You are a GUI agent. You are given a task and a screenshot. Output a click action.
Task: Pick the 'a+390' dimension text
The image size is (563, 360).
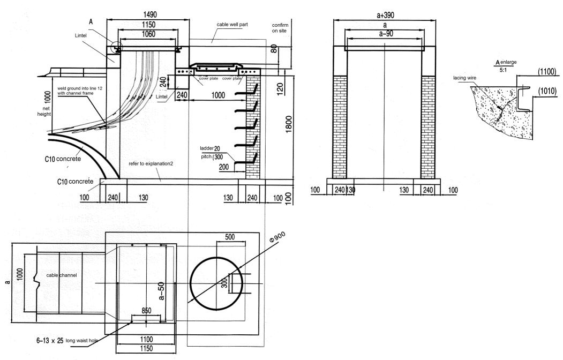pyautogui.click(x=385, y=16)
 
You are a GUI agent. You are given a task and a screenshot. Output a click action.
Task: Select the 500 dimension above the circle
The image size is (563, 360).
pyautogui.click(x=231, y=237)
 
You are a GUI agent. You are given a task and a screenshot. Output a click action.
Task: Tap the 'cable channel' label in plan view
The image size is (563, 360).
pyautogui.click(x=62, y=275)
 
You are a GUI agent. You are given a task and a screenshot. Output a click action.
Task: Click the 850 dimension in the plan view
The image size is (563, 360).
pyautogui.click(x=146, y=310)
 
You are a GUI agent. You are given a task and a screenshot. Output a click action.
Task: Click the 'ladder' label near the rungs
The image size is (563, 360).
pyautogui.click(x=206, y=148)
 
